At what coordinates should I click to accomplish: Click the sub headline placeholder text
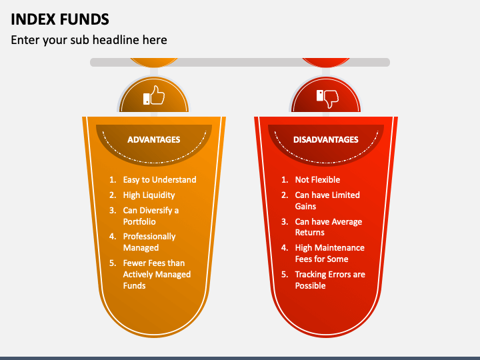click(x=89, y=40)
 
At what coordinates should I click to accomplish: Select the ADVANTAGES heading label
click(x=153, y=140)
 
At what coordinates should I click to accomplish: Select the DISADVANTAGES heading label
click(x=326, y=140)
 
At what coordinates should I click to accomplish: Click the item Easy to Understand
click(x=159, y=180)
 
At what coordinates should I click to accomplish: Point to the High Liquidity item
click(x=149, y=195)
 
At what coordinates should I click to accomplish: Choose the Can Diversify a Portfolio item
click(x=151, y=216)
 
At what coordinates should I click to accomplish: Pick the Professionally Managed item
click(x=149, y=242)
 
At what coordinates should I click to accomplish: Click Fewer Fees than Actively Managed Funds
click(x=157, y=274)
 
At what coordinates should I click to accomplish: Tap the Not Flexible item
click(x=317, y=180)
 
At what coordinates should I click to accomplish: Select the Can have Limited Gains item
click(x=327, y=201)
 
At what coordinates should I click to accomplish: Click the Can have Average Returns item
click(x=328, y=227)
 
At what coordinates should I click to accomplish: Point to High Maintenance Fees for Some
click(x=329, y=253)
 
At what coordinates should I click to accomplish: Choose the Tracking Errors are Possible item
click(x=330, y=280)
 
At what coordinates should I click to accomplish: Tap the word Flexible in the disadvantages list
click(x=326, y=180)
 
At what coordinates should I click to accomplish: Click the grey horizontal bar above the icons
click(x=240, y=62)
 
